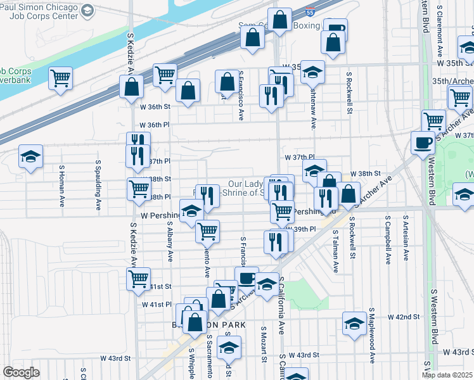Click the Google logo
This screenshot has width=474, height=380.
20,372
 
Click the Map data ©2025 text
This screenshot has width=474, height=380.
447,375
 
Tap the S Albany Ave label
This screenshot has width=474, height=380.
170,239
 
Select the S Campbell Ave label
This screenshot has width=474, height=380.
387,243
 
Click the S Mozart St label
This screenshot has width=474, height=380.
262,345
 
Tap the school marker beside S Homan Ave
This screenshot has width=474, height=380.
30,159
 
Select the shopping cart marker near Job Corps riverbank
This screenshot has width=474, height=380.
61,79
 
